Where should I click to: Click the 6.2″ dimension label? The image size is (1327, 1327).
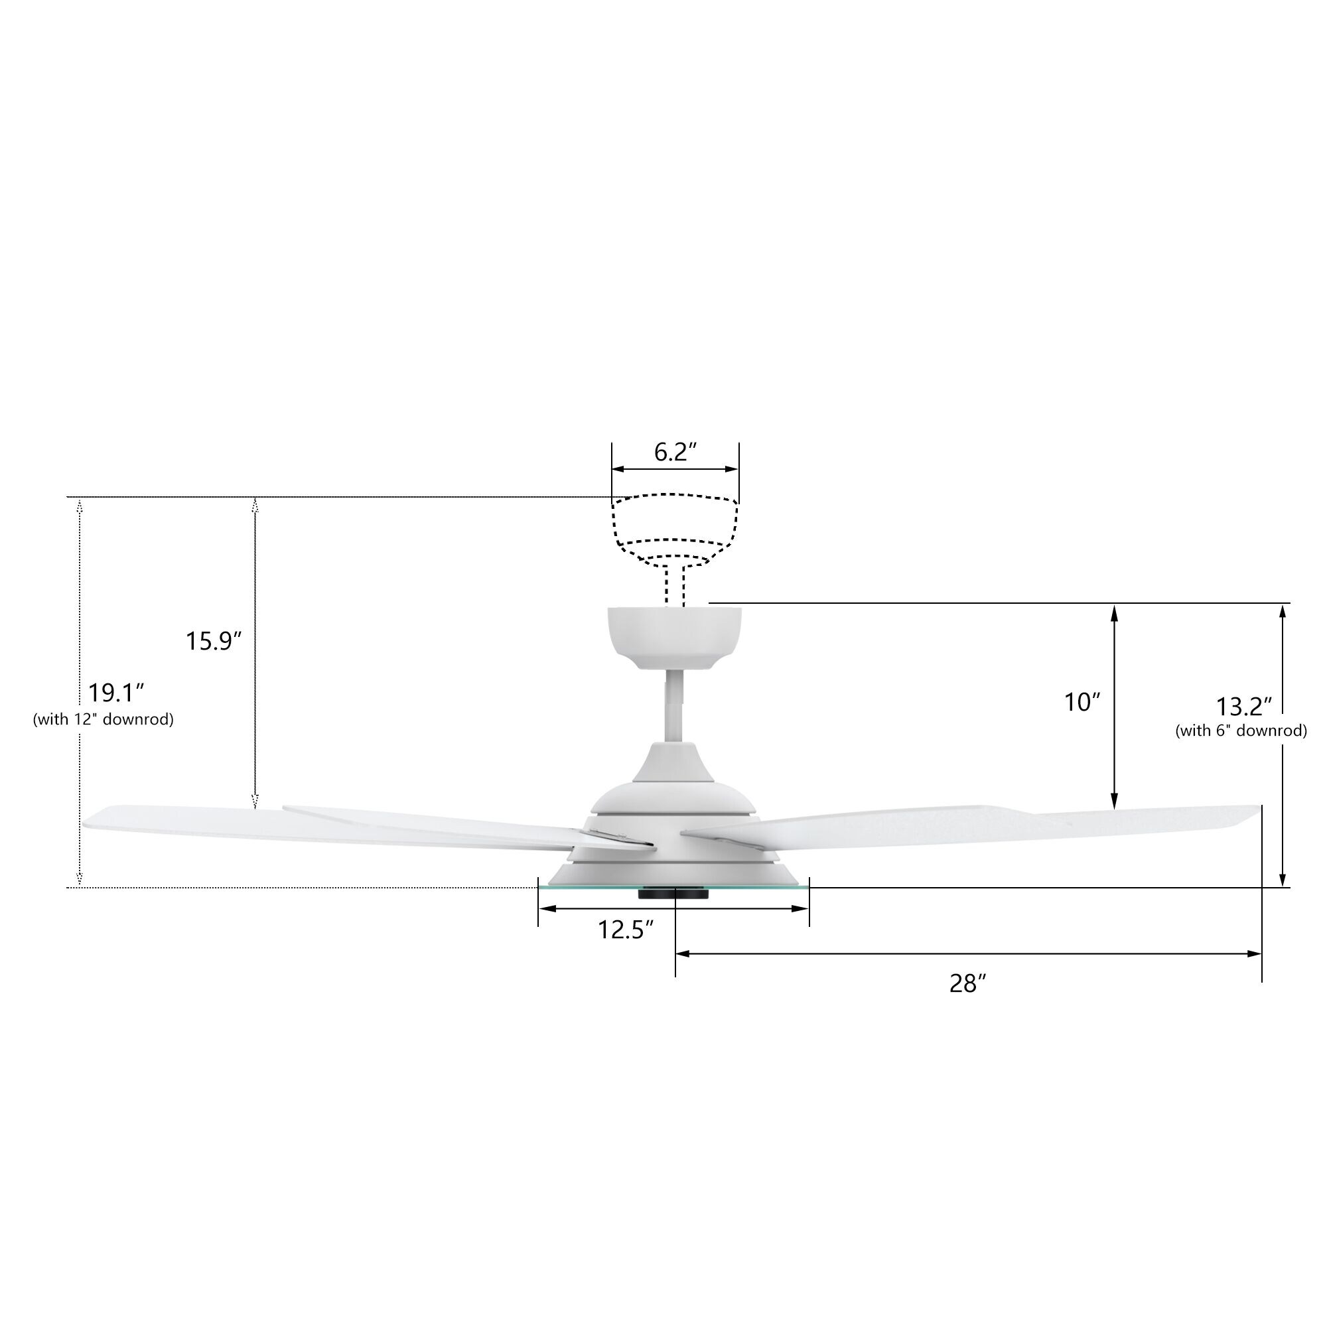[675, 452]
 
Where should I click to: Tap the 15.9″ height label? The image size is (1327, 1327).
[214, 641]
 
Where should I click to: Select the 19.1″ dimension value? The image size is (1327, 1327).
[116, 693]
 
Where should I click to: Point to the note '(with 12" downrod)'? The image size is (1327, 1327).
[104, 719]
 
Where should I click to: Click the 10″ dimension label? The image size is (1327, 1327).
[1082, 702]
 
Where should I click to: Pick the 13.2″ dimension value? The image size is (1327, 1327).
[1245, 706]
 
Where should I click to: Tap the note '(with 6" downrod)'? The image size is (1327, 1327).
[1241, 730]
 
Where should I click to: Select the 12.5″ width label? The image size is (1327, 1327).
[625, 930]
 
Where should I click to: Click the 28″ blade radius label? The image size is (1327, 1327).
[968, 984]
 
